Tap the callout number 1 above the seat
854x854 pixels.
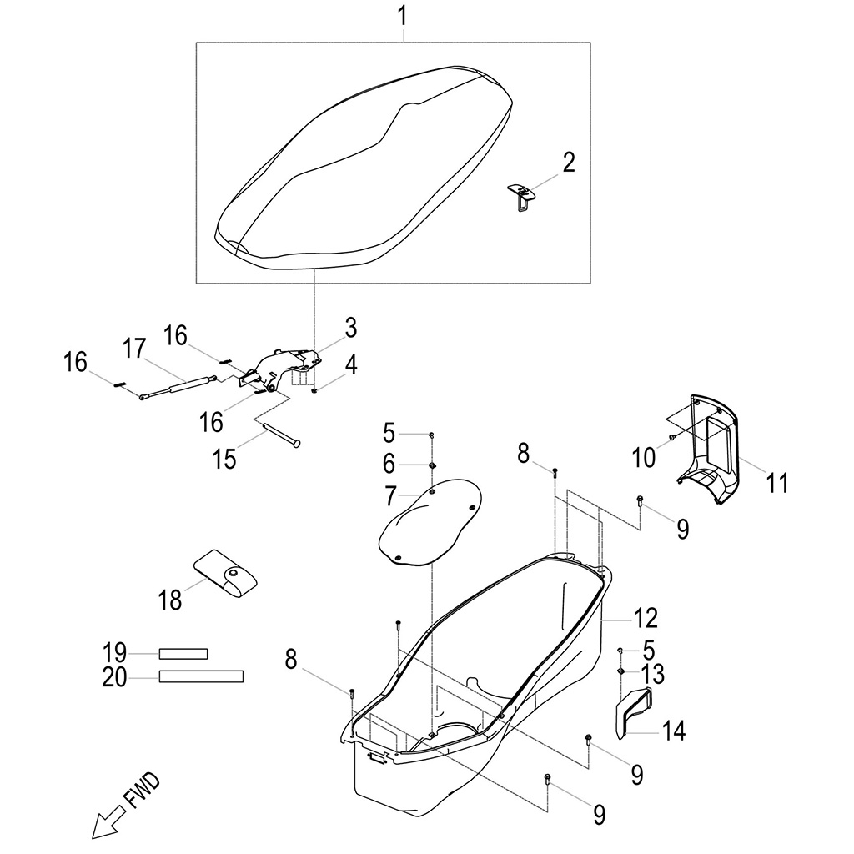(x=404, y=16)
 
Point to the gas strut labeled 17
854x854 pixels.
(x=178, y=387)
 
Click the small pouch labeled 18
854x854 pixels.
(x=226, y=574)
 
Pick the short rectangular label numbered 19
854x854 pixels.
(x=183, y=653)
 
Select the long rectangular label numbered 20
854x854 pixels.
(x=201, y=676)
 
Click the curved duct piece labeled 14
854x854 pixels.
(x=635, y=710)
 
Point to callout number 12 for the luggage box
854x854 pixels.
(x=646, y=618)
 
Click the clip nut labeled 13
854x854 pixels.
(x=621, y=672)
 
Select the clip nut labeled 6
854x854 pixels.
(x=433, y=464)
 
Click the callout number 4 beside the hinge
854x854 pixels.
(x=351, y=364)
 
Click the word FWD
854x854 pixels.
(x=141, y=792)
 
